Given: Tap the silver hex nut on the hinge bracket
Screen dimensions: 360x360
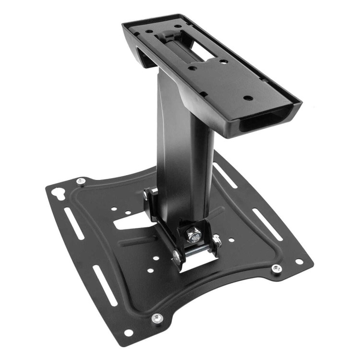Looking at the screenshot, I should click(194, 236).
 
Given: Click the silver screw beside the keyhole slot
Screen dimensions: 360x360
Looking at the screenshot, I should click(81, 181).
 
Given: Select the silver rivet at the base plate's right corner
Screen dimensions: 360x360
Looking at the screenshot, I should click(276, 268).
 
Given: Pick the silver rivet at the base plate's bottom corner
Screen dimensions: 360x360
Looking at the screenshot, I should click(157, 318).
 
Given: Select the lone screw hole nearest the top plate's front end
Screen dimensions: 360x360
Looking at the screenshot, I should click(248, 97).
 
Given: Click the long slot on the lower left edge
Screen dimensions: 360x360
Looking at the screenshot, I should click(104, 285).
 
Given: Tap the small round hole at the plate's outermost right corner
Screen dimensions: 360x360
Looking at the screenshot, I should click(299, 262).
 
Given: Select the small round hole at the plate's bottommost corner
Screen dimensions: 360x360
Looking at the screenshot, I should click(128, 332).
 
